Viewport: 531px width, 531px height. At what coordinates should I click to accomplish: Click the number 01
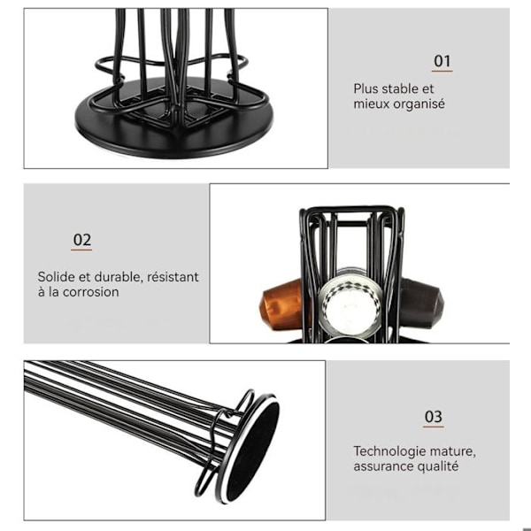[x=442, y=61]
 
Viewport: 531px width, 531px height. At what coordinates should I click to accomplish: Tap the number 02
[x=82, y=240]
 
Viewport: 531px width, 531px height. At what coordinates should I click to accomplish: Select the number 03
[x=433, y=417]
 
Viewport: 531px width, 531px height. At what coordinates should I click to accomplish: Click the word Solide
[x=57, y=277]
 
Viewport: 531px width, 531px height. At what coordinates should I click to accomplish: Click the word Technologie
[x=388, y=451]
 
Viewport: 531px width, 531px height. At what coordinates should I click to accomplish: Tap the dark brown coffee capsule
[x=420, y=303]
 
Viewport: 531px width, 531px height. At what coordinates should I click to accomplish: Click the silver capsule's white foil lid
[x=348, y=307]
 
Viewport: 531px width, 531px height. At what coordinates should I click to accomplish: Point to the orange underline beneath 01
[x=442, y=71]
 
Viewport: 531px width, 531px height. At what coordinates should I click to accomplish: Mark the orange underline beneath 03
[x=433, y=427]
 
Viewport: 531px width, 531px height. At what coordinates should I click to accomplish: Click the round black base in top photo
[x=173, y=136]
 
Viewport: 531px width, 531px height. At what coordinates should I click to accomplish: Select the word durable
[x=115, y=277]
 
